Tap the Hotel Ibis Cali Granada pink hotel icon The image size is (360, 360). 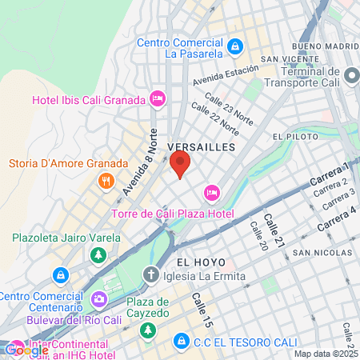pos(158,99)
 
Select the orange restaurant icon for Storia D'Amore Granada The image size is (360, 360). pos(106,181)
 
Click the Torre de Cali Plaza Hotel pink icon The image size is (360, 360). pos(212,192)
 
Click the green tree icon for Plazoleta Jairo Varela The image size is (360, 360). pos(98,254)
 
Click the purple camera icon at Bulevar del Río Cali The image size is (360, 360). pos(99,300)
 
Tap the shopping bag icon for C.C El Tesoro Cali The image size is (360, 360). pos(181,341)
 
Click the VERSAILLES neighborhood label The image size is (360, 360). pos(202,147)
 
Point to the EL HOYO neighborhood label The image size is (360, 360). pos(196,262)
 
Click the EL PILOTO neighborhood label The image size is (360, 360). pos(296,137)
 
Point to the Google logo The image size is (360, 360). pos(26,349)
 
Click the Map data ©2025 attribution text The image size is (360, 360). pos(326,354)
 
